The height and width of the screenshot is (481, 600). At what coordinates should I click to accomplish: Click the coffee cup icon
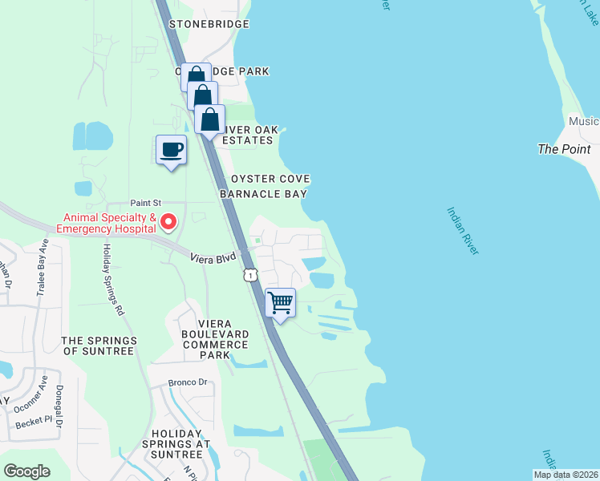171,149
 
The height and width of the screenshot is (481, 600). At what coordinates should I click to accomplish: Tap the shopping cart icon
280,303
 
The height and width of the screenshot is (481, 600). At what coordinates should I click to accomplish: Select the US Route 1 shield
250,275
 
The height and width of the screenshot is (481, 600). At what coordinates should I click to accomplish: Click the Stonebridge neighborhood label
205,25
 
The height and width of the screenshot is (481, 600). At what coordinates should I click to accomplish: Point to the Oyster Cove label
270,179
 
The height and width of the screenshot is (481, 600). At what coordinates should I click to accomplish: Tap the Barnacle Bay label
266,193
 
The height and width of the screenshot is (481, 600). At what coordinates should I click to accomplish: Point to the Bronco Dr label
188,382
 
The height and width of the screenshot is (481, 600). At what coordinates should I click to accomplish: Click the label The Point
564,149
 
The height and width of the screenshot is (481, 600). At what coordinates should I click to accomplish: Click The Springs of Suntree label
99,346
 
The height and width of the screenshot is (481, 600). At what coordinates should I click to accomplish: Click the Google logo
26,471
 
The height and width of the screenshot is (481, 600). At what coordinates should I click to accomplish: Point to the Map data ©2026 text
566,475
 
